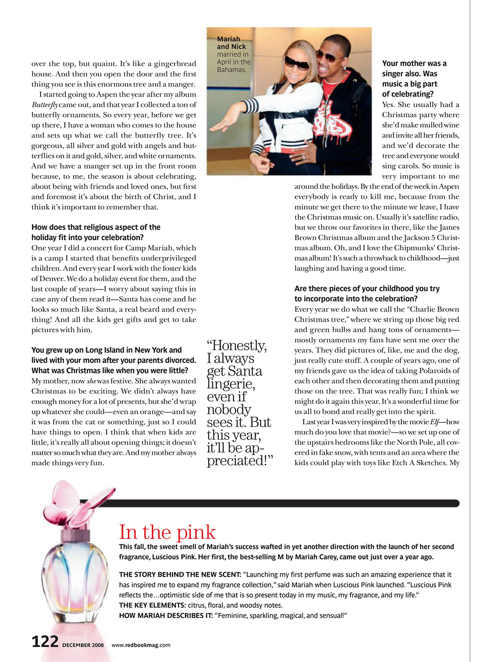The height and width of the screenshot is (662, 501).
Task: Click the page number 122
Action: tap(45, 641)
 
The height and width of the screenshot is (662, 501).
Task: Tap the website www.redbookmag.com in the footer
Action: tap(141, 645)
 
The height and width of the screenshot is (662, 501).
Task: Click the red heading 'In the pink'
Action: tap(167, 532)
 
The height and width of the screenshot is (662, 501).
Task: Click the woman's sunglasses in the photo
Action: tap(297, 63)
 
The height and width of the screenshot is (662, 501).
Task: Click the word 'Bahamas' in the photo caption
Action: tap(231, 70)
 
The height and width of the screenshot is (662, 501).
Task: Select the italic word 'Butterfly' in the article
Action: tap(45, 105)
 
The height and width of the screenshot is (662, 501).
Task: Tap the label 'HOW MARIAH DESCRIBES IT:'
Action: tap(166, 615)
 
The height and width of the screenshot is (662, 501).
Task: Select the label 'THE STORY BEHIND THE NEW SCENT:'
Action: tap(180, 575)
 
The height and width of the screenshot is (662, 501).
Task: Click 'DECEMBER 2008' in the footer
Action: tap(83, 645)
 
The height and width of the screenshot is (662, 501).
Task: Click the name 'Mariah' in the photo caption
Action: tap(228, 39)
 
